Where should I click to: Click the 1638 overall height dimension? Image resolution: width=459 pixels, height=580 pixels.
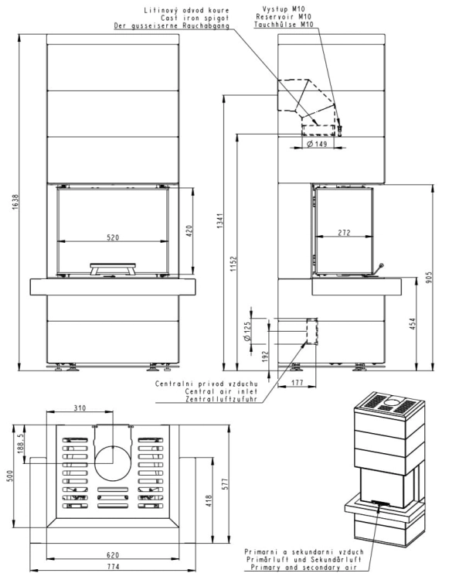pyautogui.click(x=15, y=202)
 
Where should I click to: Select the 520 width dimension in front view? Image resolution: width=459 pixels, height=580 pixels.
pyautogui.click(x=113, y=237)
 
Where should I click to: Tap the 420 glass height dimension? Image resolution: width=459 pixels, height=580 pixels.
pyautogui.click(x=189, y=230)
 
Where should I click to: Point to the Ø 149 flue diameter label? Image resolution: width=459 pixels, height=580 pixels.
pyautogui.click(x=317, y=144)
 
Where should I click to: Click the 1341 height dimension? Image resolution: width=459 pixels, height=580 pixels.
pyautogui.click(x=220, y=220)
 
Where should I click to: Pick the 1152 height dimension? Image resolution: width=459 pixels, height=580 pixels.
pyautogui.click(x=233, y=264)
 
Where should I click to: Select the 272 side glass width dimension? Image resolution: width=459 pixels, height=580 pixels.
pyautogui.click(x=344, y=233)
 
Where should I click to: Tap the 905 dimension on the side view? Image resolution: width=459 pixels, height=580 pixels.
pyautogui.click(x=429, y=278)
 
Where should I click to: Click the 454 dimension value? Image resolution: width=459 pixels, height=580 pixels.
pyautogui.click(x=413, y=324)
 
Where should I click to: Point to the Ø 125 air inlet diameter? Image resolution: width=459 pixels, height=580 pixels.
pyautogui.click(x=247, y=331)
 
